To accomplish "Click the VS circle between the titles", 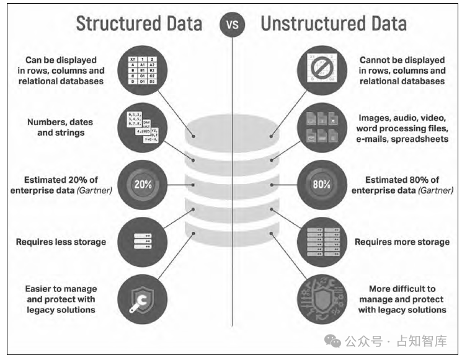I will coord(231,25).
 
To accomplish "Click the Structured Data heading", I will coord(138,24).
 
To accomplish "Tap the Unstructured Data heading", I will coord(334,24).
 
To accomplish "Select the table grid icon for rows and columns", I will coord(141,69).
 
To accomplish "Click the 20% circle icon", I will coord(141,185).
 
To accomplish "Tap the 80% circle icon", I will coord(321,185).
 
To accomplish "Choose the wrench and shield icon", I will coord(141,297).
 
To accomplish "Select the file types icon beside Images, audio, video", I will coord(321,128).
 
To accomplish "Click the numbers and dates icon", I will coord(141,128).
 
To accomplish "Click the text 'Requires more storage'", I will coord(402,242).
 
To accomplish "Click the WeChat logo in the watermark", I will coord(334,340).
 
